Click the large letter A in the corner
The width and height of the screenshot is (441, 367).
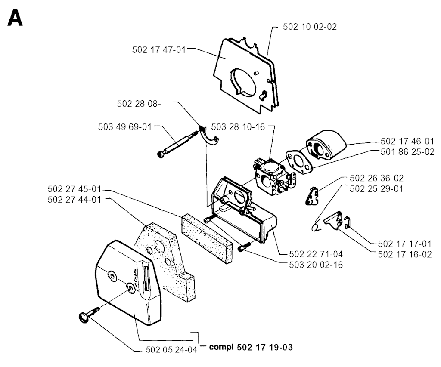[15, 18]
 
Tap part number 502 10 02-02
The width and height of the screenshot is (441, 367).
[310, 27]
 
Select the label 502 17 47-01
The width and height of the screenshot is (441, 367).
[159, 50]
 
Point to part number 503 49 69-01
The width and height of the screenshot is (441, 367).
[125, 127]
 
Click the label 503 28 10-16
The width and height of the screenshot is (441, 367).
[238, 127]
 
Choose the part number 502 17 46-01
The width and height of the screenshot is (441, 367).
[407, 141]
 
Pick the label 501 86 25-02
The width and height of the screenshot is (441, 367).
[407, 152]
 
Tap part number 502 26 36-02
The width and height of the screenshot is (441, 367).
[376, 178]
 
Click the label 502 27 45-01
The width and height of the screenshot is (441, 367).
[74, 189]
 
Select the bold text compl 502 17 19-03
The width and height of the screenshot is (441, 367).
[251, 347]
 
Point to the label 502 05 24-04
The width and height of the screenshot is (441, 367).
[171, 350]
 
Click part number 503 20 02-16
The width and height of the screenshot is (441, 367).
[316, 265]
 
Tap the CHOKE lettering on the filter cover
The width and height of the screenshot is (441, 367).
[136, 278]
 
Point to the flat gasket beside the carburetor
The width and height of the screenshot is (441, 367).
[299, 162]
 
